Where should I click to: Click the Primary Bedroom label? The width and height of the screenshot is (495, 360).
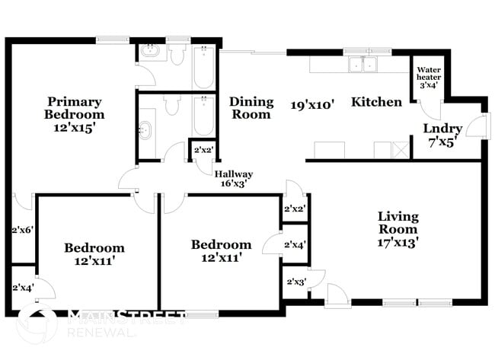tap(75, 114)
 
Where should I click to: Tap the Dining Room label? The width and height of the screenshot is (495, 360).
tap(251, 107)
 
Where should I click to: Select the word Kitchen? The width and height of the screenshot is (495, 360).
tap(376, 101)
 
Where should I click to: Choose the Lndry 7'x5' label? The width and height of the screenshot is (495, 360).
tap(442, 134)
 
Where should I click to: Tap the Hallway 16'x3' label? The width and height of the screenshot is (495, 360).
tap(233, 179)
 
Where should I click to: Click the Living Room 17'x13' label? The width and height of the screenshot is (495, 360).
tap(397, 229)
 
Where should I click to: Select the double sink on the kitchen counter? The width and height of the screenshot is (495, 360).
tap(362, 65)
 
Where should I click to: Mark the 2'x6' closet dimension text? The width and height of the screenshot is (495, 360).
tap(23, 229)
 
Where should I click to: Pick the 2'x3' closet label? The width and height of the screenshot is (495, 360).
tap(295, 282)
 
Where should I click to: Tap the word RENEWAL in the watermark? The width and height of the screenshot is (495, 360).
tap(97, 333)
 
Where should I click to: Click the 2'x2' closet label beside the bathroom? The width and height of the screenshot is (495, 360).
tap(203, 150)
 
